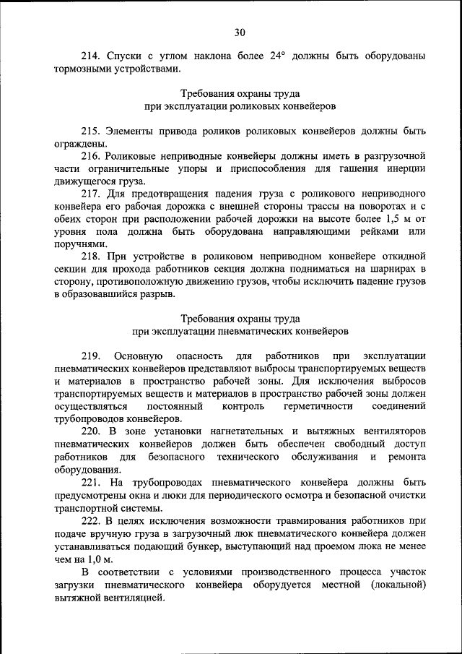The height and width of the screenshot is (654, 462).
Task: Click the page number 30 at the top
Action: pos(239,31)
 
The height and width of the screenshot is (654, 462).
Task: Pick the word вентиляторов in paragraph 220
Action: pos(391,431)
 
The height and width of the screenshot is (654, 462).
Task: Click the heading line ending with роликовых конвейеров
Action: pos(239,106)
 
